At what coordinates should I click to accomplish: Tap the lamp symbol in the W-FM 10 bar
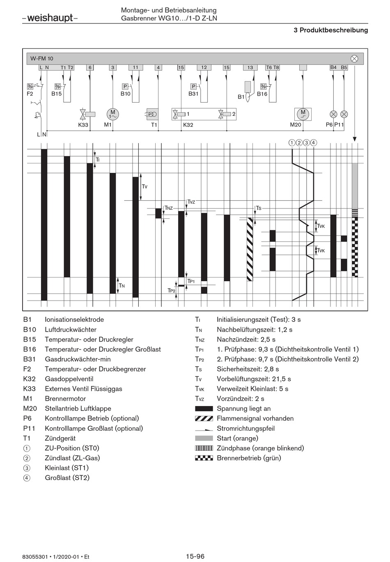[x=354, y=58]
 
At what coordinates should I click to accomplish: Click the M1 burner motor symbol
[x=112, y=114]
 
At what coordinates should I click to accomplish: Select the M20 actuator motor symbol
[x=303, y=114]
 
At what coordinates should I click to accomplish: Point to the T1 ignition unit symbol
[x=153, y=114]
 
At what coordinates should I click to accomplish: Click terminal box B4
[x=333, y=67]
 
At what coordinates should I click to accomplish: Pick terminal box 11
[x=135, y=67]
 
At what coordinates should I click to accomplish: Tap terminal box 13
[x=250, y=67]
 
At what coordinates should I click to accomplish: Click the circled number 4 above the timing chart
[x=314, y=142]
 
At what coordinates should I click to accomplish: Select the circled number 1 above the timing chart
[x=291, y=142]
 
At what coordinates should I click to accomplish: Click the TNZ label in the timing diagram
[x=169, y=208]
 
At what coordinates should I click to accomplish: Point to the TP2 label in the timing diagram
[x=172, y=290]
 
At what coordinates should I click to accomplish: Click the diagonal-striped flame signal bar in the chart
[x=250, y=249]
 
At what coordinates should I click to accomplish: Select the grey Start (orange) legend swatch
[x=204, y=438]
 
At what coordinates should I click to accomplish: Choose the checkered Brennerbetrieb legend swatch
[x=204, y=458]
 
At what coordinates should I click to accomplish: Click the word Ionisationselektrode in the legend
[x=74, y=319]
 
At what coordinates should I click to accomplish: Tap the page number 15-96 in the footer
[x=195, y=556]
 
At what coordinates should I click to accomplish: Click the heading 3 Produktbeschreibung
[x=331, y=30]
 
